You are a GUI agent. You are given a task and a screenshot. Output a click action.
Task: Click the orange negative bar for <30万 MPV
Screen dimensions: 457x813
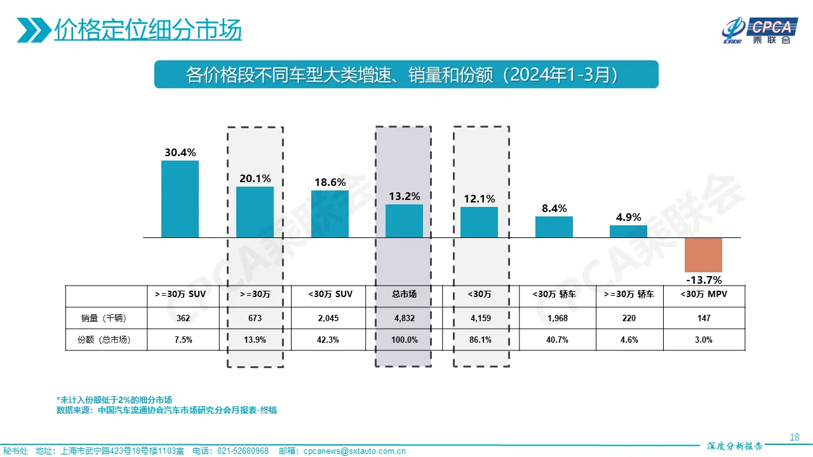[703, 255]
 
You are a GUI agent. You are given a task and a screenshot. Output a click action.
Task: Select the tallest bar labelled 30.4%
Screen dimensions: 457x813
[180, 199]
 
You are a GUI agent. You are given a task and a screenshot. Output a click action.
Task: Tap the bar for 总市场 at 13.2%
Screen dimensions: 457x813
[404, 221]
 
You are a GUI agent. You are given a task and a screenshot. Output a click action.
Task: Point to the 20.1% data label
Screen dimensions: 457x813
[255, 178]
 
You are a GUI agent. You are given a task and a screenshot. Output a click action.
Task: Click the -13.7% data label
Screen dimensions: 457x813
[703, 280]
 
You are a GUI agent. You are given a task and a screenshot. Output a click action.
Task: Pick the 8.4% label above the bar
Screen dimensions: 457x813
[554, 208]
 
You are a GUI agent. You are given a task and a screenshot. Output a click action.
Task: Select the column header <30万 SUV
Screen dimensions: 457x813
[330, 295]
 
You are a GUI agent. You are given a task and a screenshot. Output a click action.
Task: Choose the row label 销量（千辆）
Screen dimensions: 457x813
[106, 317]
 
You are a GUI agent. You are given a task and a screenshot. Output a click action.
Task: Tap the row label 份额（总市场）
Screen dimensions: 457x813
[106, 340]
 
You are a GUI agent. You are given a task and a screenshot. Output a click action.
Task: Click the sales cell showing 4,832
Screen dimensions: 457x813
[404, 317]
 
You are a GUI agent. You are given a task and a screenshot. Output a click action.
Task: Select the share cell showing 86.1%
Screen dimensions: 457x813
[480, 340]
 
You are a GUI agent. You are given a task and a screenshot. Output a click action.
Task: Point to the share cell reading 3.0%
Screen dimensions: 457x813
[703, 340]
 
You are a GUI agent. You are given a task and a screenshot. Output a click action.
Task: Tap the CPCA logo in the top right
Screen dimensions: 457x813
[758, 30]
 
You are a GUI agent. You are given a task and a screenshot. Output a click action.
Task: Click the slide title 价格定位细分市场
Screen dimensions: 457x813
[147, 30]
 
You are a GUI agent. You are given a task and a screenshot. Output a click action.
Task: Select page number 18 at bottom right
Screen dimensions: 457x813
[794, 437]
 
